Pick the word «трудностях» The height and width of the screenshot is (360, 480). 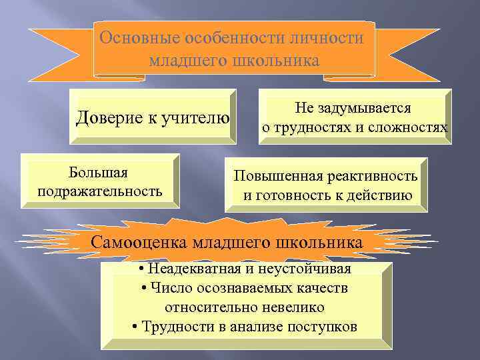(x=310, y=127)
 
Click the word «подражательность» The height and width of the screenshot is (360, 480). (x=100, y=192)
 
